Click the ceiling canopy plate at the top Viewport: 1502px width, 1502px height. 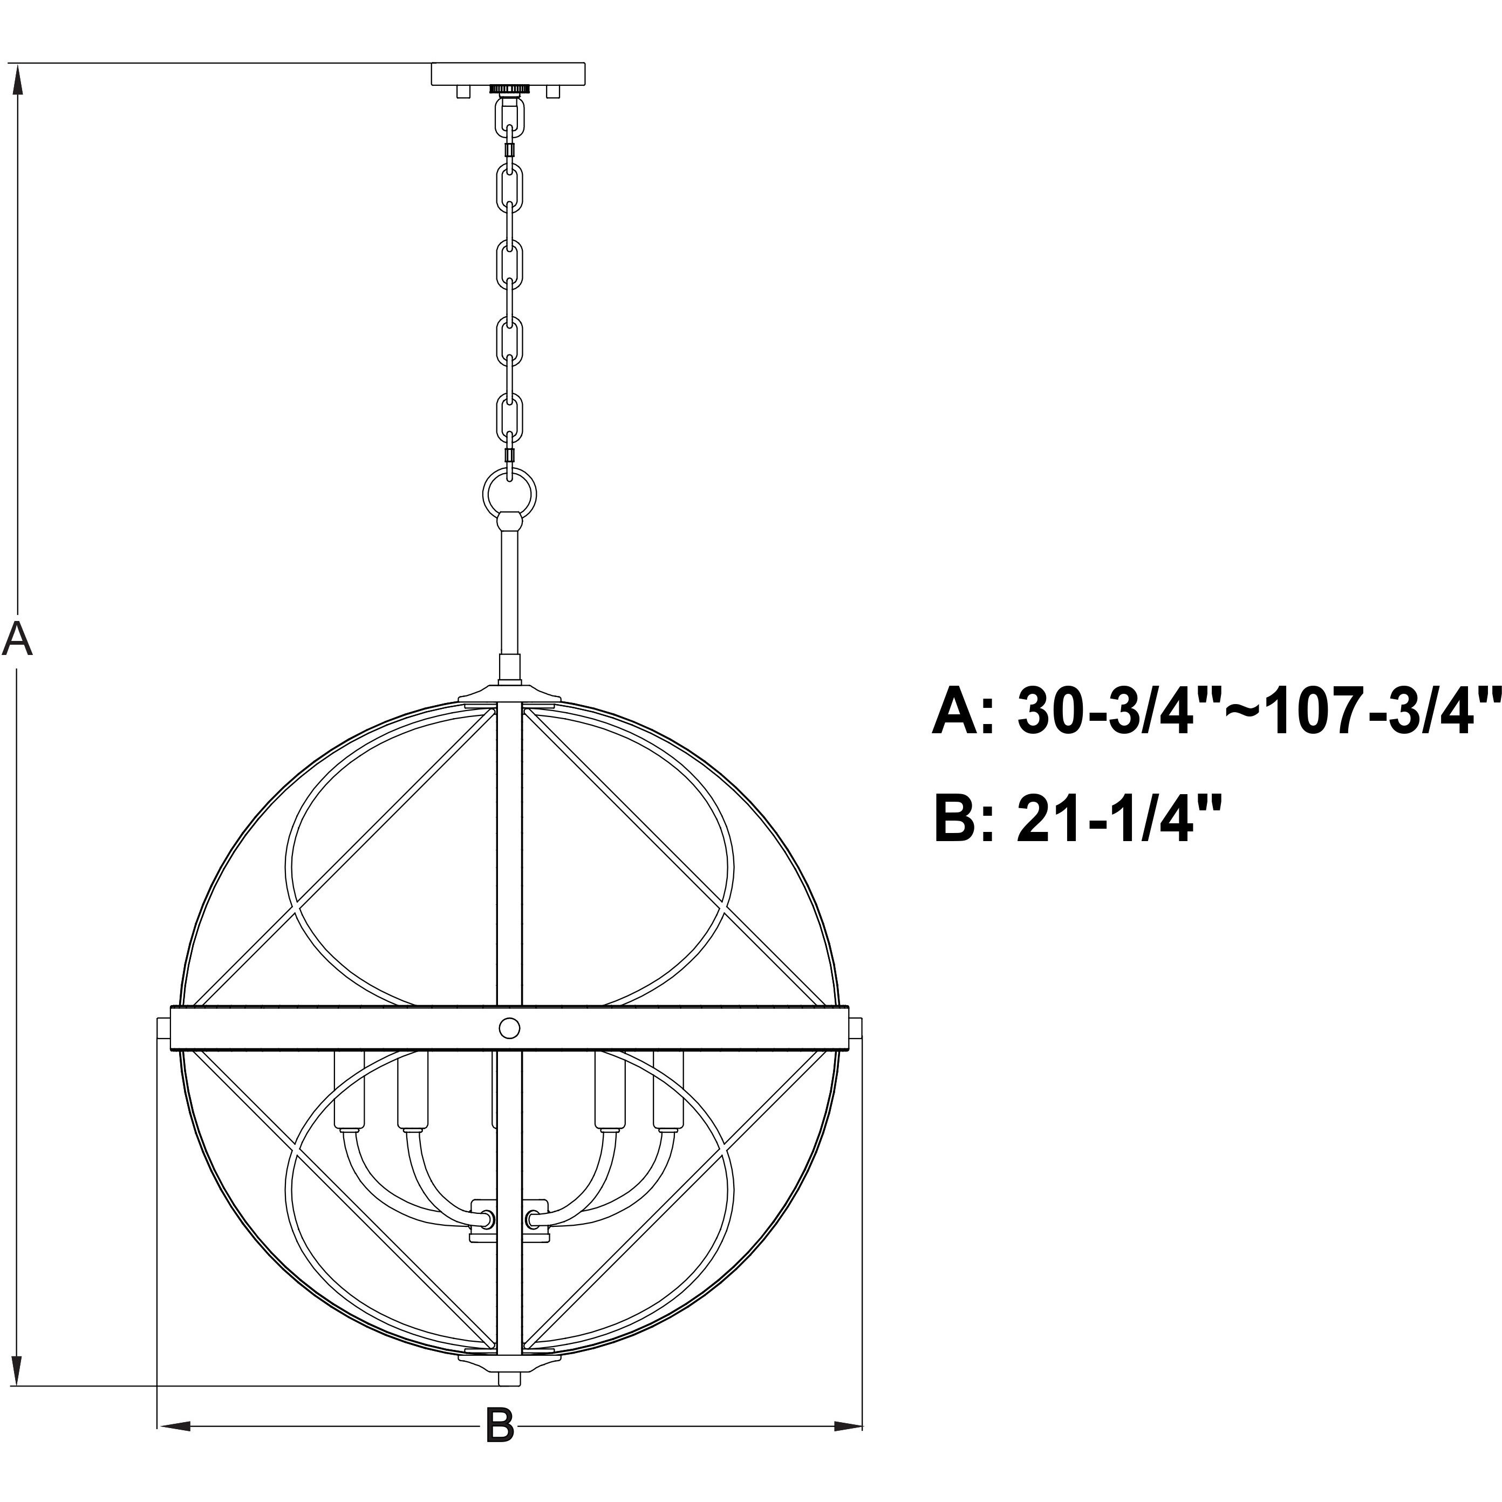click(x=508, y=74)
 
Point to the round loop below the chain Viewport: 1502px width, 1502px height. click(x=510, y=491)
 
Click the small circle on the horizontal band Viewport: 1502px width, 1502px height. click(x=509, y=1028)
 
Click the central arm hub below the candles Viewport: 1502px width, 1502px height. click(x=509, y=1220)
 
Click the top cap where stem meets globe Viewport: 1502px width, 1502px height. click(x=509, y=694)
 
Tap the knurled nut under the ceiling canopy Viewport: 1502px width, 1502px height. click(x=509, y=90)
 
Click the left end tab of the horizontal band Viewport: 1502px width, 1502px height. click(x=164, y=1028)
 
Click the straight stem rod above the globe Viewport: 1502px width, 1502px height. click(x=509, y=591)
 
